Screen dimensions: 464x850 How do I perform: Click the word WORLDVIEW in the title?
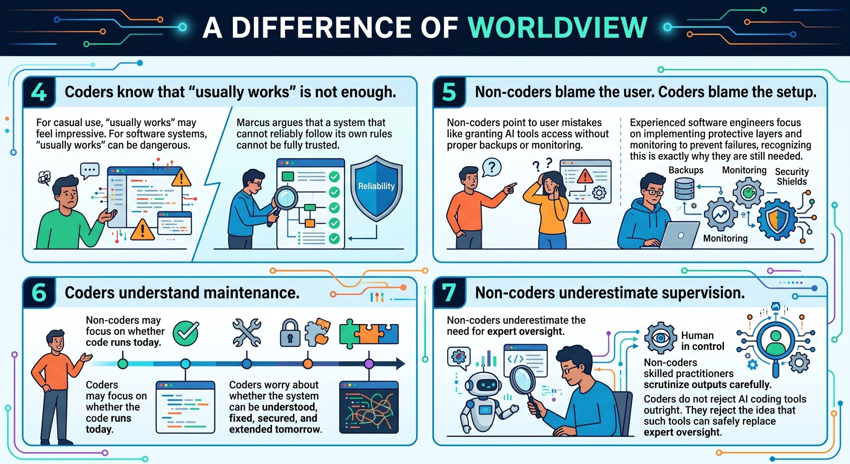pyautogui.click(x=557, y=28)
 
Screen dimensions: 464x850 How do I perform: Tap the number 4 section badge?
pyautogui.click(x=39, y=92)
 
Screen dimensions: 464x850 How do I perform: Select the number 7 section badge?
pyautogui.click(x=449, y=293)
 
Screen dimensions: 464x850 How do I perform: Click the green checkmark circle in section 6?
pyautogui.click(x=186, y=333)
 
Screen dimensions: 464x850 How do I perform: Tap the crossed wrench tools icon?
pyautogui.click(x=247, y=333)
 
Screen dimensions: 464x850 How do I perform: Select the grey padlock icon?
pyautogui.click(x=290, y=333)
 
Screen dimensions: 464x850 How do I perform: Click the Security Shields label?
pyautogui.click(x=792, y=176)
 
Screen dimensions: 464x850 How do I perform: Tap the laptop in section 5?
pyautogui.click(x=678, y=235)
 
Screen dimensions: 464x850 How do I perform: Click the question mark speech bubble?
pyautogui.click(x=491, y=168)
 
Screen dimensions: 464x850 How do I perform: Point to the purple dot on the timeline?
pyautogui.click(x=369, y=364)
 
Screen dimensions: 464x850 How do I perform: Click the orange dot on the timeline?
pyautogui.click(x=308, y=364)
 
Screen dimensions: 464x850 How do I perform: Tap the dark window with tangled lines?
pyautogui.click(x=369, y=407)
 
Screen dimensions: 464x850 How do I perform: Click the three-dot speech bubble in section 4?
pyautogui.click(x=90, y=170)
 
